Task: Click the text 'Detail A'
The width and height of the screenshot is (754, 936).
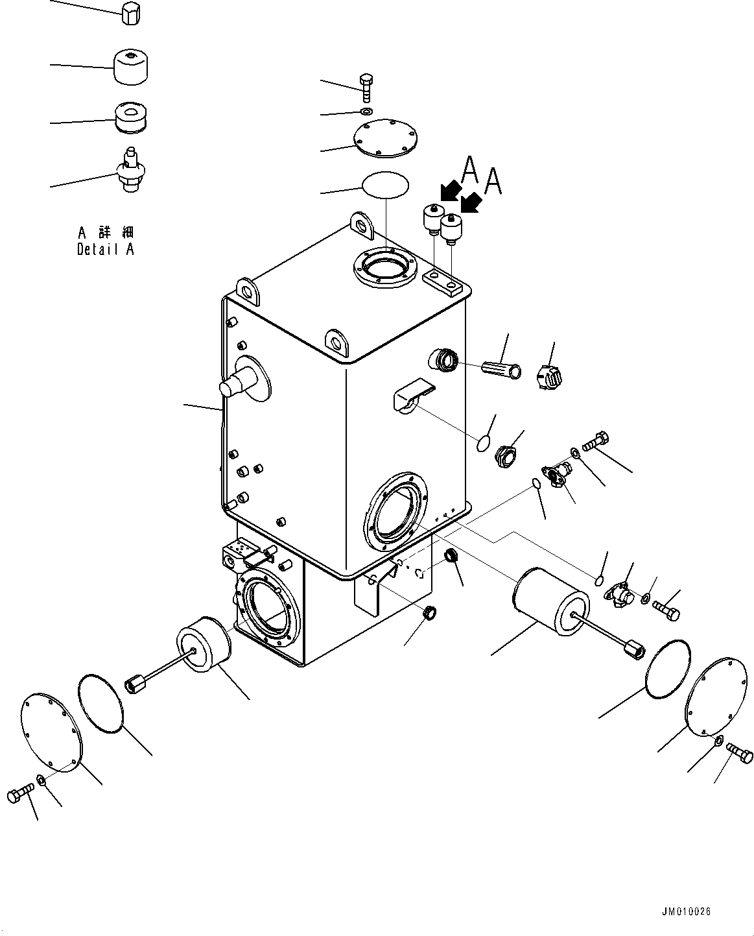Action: click(x=106, y=249)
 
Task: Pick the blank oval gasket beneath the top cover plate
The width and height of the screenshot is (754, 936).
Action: click(x=385, y=184)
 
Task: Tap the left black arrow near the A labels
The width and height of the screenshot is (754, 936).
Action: click(x=449, y=192)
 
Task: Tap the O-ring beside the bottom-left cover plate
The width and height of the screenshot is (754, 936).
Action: click(x=100, y=703)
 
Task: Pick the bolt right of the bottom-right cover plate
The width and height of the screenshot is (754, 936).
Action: click(x=739, y=754)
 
